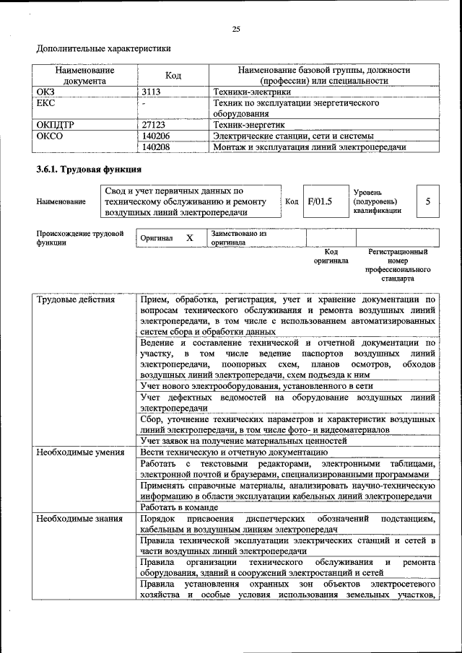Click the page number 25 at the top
pos(235,29)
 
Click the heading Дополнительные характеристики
pos(104,49)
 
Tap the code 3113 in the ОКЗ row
pos(152,92)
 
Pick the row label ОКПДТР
pos(56,125)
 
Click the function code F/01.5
pos(320,202)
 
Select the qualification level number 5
pos(428,202)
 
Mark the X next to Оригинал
pos(189,238)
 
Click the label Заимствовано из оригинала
pos(239,238)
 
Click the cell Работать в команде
pos(180,507)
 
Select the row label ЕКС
pos(46,103)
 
